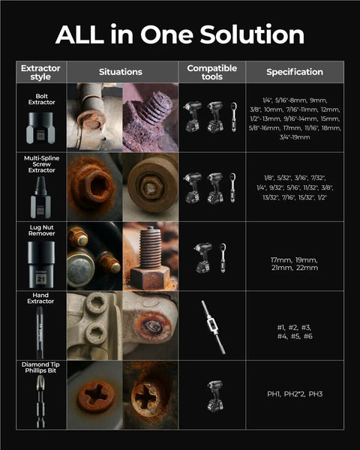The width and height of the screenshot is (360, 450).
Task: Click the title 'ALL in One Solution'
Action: click(180, 34)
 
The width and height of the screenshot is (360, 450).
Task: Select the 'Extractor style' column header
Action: click(41, 72)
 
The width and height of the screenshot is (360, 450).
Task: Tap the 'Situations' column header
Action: click(121, 72)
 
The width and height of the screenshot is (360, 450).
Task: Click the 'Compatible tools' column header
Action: click(211, 72)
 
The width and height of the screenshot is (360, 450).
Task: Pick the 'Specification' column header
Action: click(295, 72)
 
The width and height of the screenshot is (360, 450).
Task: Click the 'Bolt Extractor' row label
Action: click(41, 99)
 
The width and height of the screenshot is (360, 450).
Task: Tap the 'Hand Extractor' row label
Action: click(41, 298)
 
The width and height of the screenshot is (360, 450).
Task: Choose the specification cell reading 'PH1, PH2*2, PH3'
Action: click(295, 394)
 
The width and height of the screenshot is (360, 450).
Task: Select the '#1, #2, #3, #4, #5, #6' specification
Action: click(295, 331)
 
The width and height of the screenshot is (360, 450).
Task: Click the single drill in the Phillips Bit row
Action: click(212, 395)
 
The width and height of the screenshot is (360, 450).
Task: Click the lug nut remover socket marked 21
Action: click(41, 268)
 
